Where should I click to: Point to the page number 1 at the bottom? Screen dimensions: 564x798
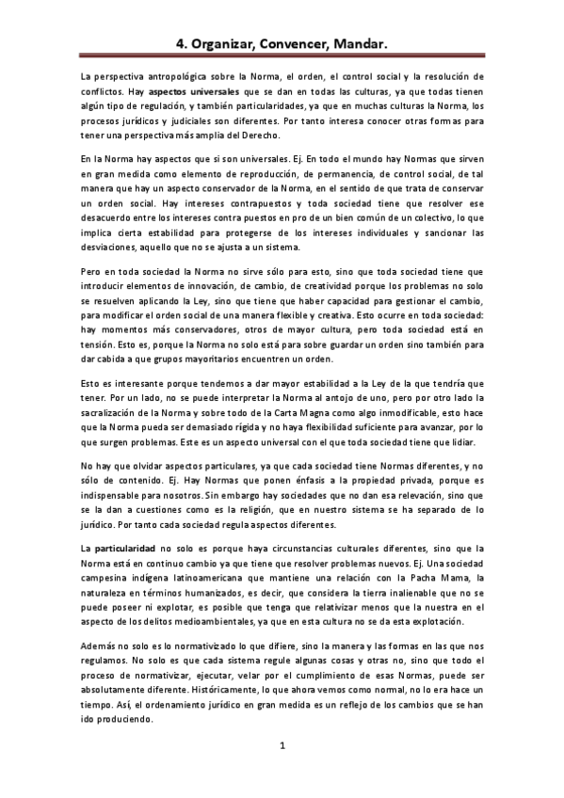(x=282, y=746)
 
